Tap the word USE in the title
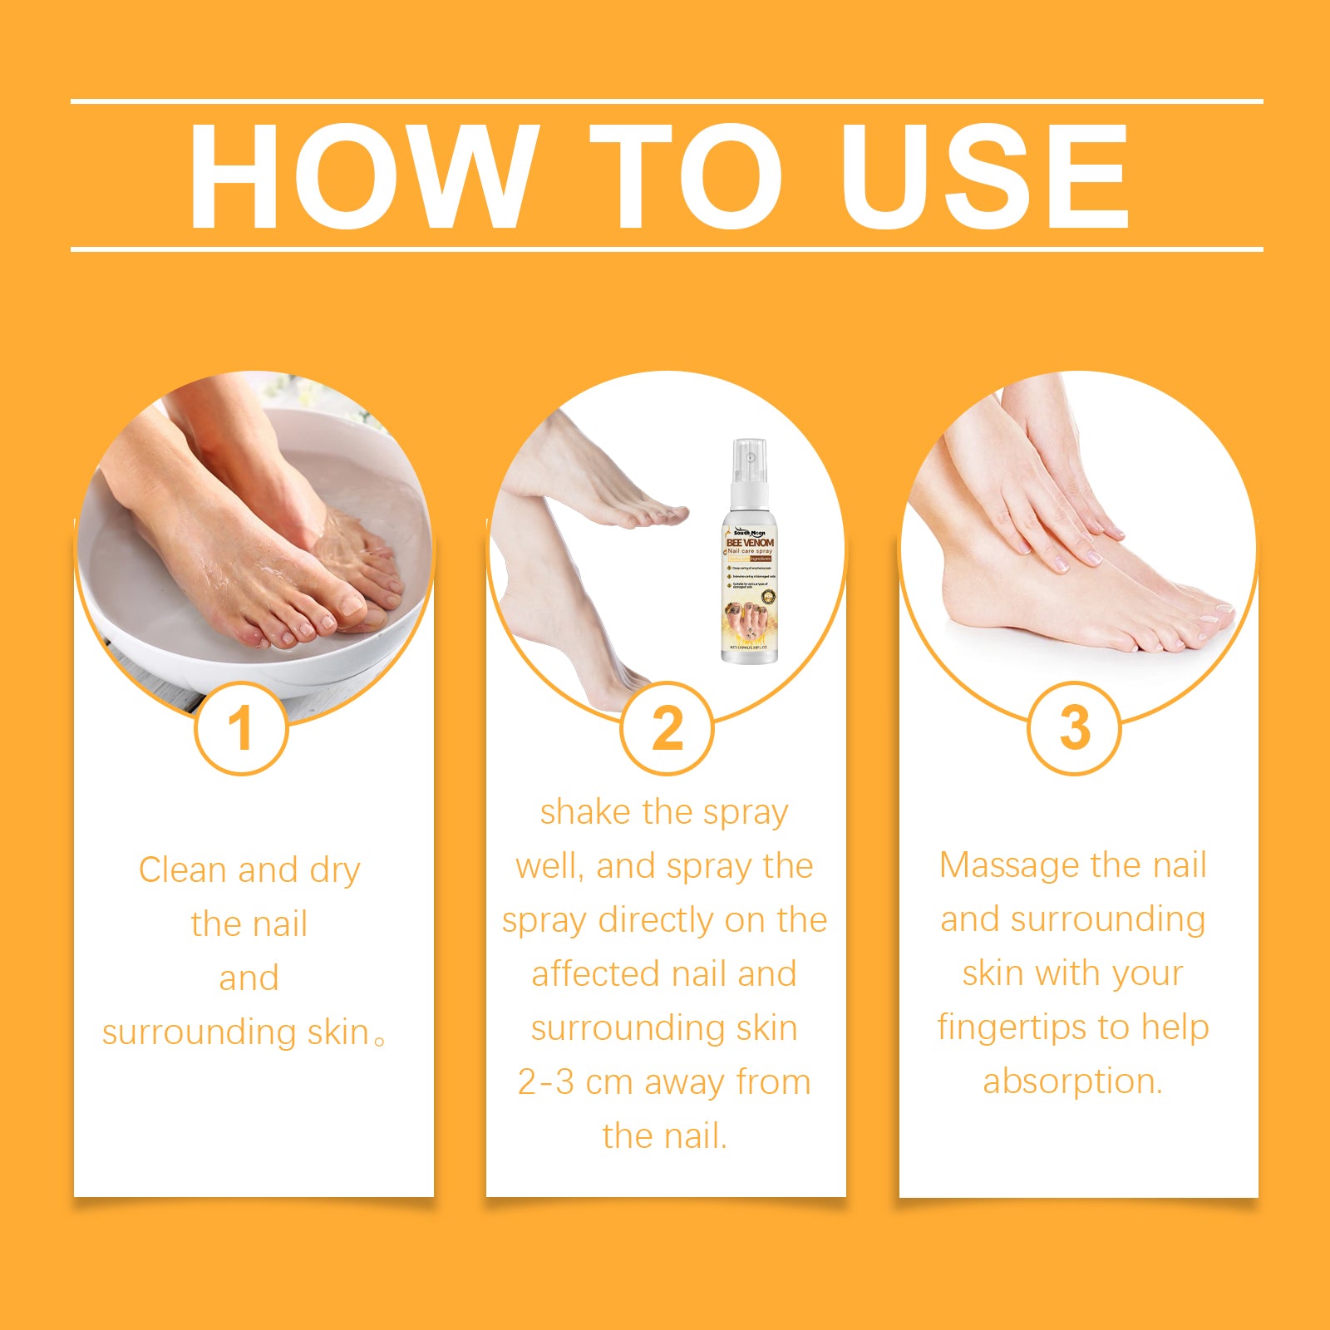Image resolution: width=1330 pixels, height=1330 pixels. (984, 175)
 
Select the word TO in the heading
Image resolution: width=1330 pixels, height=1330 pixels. (687, 175)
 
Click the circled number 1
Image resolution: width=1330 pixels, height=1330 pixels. (241, 729)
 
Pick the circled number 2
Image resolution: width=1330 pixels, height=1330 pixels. (667, 729)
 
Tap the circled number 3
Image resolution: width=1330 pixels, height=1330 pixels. (1075, 729)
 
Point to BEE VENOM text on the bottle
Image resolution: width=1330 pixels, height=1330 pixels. (750, 542)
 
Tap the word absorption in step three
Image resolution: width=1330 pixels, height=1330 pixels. (1072, 1081)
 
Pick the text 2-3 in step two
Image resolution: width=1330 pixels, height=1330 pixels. (545, 1082)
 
